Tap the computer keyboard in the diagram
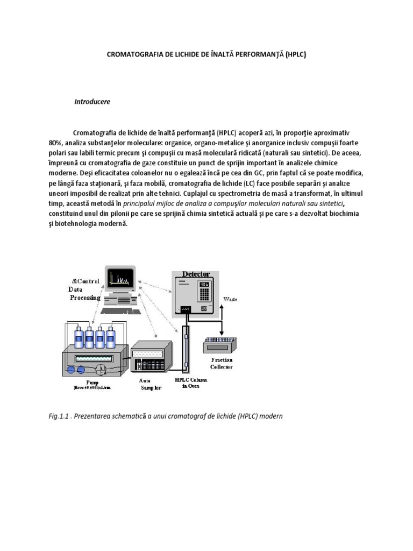click(120, 310)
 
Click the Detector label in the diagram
click(196, 274)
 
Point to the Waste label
click(231, 298)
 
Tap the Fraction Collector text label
click(222, 363)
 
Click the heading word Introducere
click(92, 102)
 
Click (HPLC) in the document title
click(296, 55)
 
